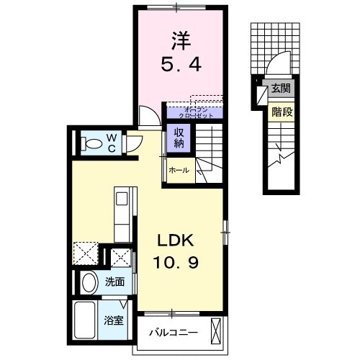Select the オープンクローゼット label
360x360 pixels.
[193, 112]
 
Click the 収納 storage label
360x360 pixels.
[177, 138]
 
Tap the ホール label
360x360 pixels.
[179, 171]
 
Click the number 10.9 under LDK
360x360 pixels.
[175, 264]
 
